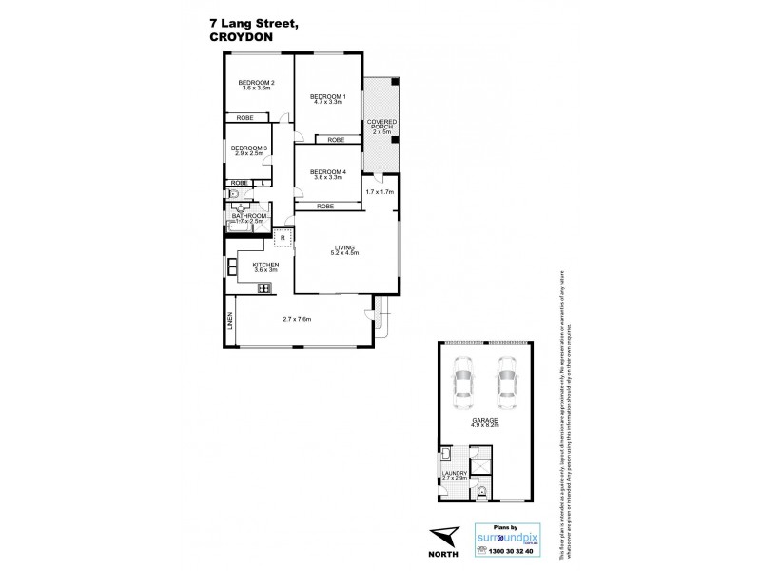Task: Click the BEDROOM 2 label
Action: (257, 83)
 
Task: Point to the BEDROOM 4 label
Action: (327, 172)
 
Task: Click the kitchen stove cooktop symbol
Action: (263, 287)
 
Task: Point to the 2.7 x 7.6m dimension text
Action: (298, 319)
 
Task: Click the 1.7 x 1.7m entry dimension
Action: (379, 192)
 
